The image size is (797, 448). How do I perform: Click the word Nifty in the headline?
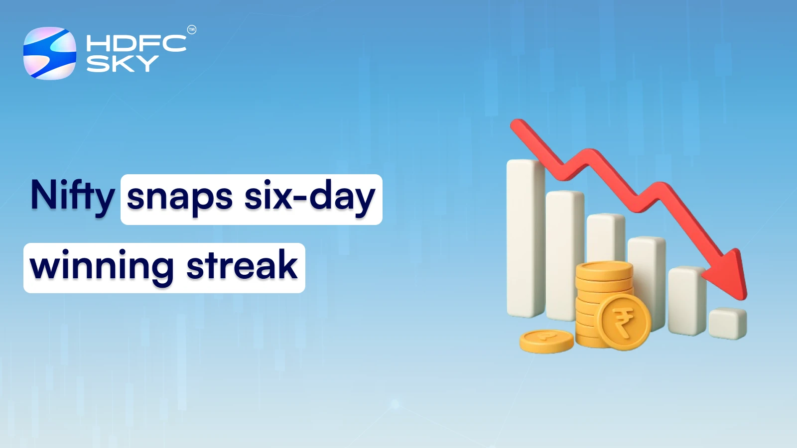73,196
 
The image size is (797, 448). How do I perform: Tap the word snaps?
179,197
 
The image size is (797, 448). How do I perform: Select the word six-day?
309,197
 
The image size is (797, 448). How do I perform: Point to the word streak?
242,265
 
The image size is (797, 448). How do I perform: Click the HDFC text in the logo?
136,43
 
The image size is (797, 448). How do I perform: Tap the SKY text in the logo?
122,64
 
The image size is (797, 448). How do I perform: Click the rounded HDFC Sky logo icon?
50,53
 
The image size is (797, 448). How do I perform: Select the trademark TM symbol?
192,30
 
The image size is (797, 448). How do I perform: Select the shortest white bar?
727,324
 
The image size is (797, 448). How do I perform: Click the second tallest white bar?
564,255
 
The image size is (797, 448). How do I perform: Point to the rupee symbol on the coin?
623,322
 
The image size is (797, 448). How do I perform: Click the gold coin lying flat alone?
546,341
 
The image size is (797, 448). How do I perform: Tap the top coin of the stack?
604,270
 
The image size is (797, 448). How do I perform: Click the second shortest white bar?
686,301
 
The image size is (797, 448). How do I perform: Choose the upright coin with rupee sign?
624,322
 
